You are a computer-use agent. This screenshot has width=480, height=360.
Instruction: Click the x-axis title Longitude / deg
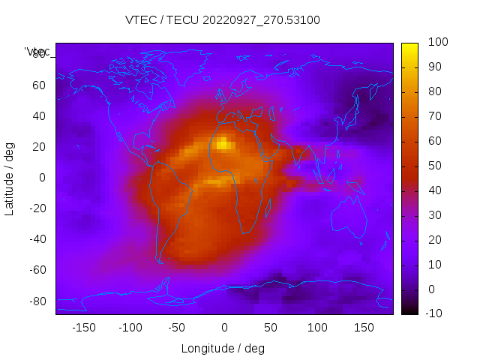tap(223, 348)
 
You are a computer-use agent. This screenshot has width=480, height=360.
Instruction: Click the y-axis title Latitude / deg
tap(10, 177)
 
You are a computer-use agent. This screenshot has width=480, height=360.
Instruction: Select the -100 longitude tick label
tap(130, 327)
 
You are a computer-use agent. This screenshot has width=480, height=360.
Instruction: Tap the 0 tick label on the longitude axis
tap(223, 327)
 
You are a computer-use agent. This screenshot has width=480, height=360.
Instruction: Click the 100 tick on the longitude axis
tap(317, 327)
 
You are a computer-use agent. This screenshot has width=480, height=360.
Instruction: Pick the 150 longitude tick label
tap(364, 327)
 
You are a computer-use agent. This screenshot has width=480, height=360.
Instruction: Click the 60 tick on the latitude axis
tap(39, 85)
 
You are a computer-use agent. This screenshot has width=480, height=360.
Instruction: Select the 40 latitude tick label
tap(39, 116)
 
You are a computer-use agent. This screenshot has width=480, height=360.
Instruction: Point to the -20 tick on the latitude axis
tap(37, 208)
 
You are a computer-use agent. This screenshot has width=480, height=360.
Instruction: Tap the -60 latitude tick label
tap(37, 270)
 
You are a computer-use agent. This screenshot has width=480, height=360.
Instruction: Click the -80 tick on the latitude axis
tap(37, 301)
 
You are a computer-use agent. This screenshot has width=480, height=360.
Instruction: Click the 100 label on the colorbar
tap(437, 43)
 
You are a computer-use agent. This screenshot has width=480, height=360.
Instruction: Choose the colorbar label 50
tap(434, 166)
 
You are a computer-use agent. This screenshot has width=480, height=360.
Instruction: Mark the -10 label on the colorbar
tap(436, 313)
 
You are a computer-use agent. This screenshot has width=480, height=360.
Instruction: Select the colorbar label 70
tap(434, 116)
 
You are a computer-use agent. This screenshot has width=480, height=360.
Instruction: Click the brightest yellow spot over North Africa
tap(223, 142)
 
